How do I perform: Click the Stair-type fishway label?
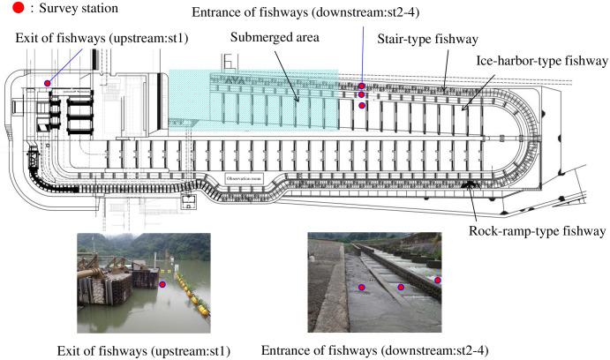(x=427, y=39)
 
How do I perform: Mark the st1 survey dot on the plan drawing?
(x=47, y=83)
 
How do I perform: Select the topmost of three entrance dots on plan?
(x=362, y=86)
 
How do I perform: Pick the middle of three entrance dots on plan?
(x=362, y=94)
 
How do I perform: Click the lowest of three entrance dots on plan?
(x=362, y=105)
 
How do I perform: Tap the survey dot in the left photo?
(x=162, y=284)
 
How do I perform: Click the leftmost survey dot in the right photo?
(x=361, y=288)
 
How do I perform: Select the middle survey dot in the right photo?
(x=402, y=287)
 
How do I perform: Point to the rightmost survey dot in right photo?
(x=438, y=281)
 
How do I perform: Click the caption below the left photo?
(x=143, y=350)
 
